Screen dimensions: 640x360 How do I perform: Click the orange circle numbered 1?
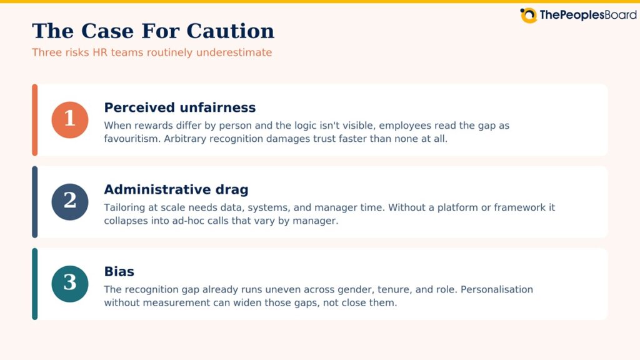click(70, 119)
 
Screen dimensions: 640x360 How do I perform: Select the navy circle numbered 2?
click(70, 202)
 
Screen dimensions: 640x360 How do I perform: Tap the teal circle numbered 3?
click(70, 284)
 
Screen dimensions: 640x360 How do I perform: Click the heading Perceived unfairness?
click(179, 107)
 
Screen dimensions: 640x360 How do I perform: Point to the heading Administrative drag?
click(176, 189)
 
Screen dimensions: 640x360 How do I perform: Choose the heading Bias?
click(119, 271)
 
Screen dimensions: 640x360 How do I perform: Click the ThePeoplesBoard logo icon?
click(529, 15)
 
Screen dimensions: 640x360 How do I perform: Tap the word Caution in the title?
click(231, 31)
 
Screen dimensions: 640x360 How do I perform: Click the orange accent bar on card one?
click(35, 119)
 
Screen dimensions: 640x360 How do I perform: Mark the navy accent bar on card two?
click(35, 202)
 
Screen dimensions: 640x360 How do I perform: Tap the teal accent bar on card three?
click(35, 284)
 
